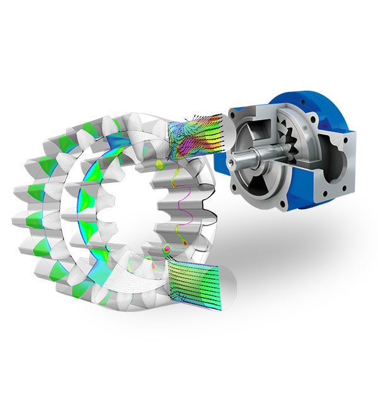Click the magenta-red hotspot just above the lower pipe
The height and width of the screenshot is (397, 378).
168,250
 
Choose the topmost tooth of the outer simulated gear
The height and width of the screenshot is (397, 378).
135,120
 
